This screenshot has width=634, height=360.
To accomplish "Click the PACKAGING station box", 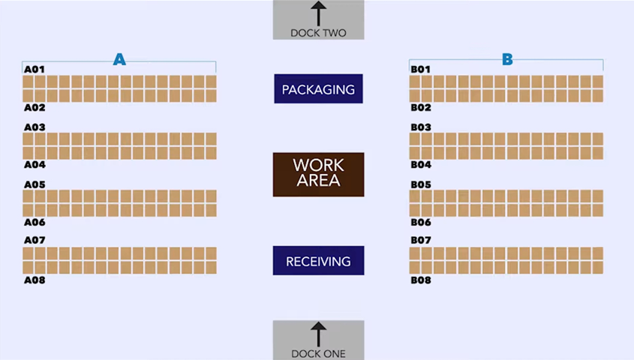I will tap(318, 89).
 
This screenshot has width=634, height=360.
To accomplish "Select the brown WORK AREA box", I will tap(318, 174).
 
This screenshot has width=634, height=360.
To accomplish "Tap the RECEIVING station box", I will tap(318, 261).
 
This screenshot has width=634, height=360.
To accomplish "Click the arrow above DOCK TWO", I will tap(319, 14).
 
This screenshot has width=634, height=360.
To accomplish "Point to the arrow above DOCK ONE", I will tap(319, 334).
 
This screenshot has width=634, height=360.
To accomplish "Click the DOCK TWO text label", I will tap(319, 33).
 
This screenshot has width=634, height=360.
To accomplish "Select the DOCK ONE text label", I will tap(319, 353).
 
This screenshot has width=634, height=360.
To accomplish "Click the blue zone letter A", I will tap(119, 59).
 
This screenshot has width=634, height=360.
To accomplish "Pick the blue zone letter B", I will tap(507, 59).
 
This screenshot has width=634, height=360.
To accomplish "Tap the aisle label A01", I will tap(35, 70).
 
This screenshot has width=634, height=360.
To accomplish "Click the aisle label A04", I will tap(35, 165).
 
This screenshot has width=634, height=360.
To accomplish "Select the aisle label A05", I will tap(35, 184).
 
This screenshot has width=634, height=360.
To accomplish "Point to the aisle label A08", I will tap(35, 280).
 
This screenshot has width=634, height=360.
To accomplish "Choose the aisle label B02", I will tap(421, 108).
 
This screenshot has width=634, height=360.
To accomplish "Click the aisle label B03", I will tap(421, 127).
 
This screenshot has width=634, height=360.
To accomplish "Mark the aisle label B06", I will tap(421, 223).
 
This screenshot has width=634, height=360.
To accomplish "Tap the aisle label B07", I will tap(421, 241).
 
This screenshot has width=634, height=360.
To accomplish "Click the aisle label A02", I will tap(35, 108).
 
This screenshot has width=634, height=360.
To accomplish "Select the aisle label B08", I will tap(421, 280).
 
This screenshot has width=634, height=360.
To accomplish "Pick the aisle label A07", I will tap(35, 241).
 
